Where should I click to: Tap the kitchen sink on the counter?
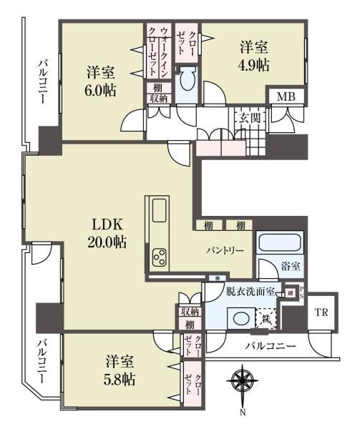tap(158, 212)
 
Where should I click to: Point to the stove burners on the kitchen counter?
tap(158, 256)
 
